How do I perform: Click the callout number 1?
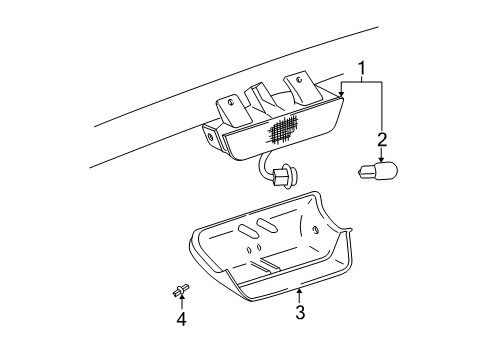coord(361,70)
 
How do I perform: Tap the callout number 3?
coord(299,313)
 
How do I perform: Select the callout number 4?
coord(182,319)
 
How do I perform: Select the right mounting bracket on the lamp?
coord(299,86)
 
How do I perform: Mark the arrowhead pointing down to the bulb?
coord(381,159)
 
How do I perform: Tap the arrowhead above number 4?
coord(182,300)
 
